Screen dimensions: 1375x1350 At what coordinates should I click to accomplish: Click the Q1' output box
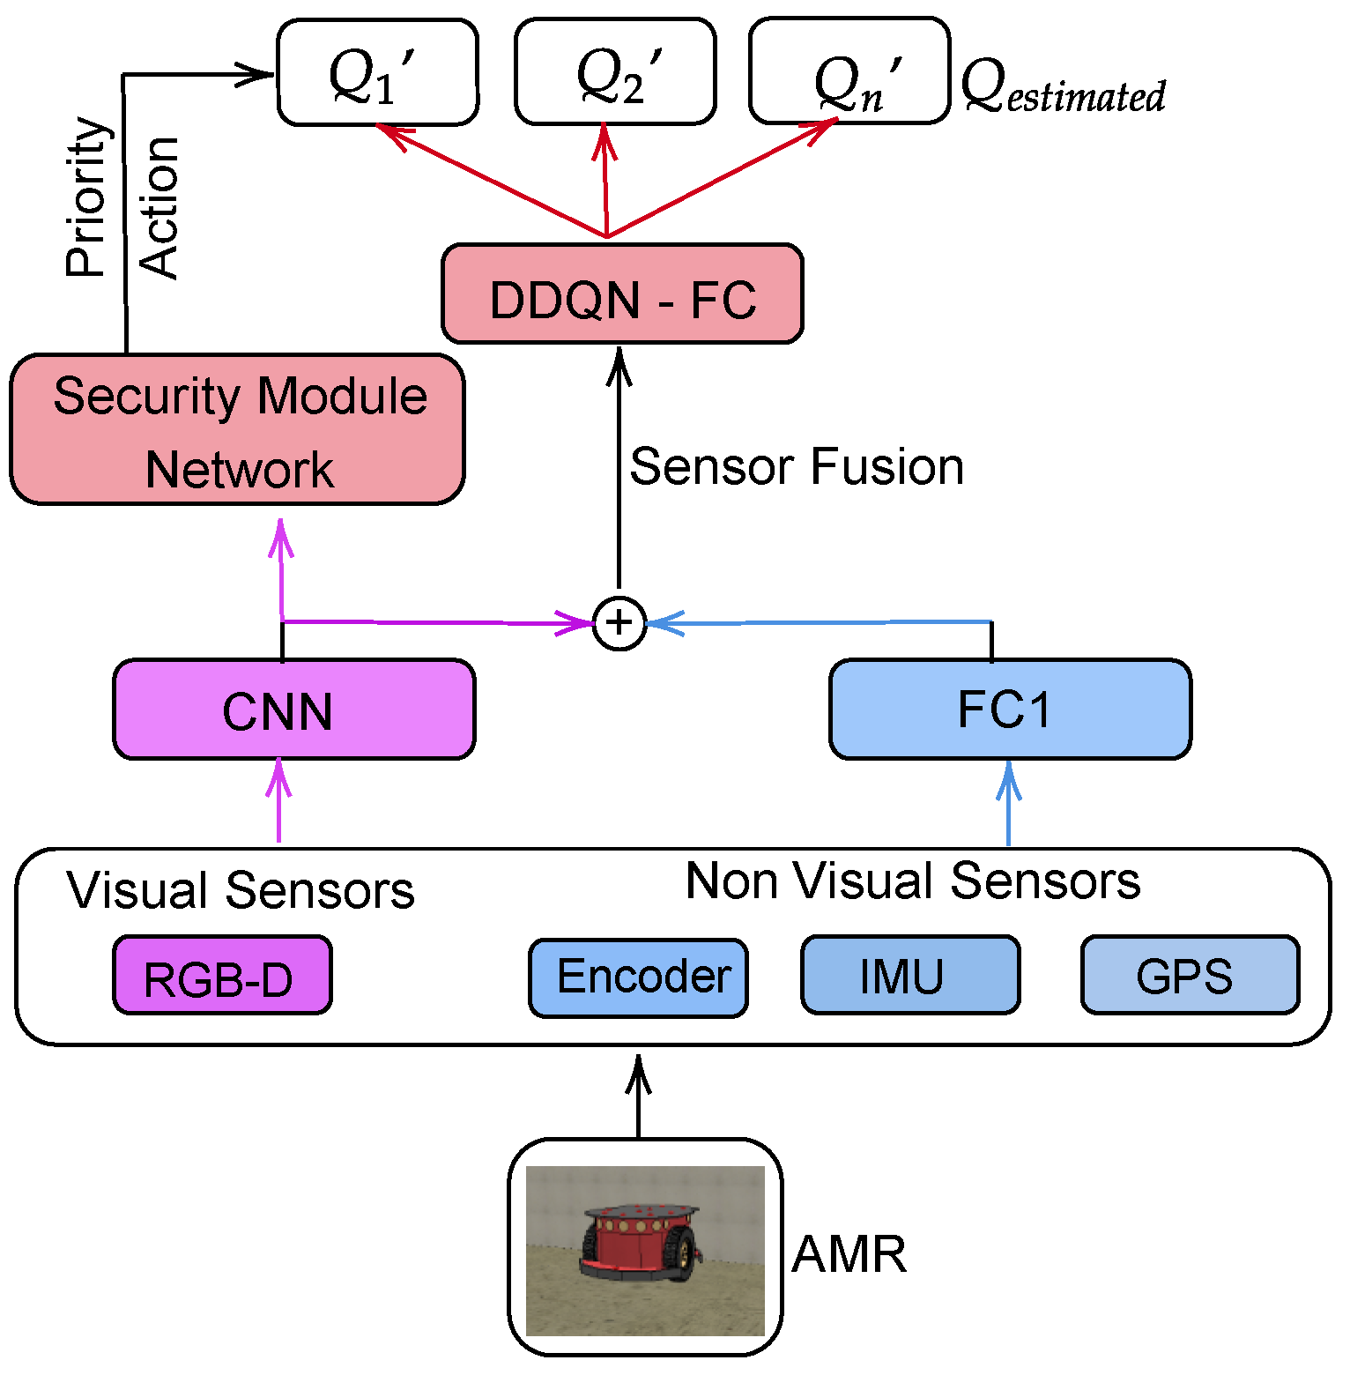(377, 72)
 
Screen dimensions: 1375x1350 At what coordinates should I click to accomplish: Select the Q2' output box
(615, 72)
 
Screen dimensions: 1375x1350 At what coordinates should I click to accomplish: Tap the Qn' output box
(849, 72)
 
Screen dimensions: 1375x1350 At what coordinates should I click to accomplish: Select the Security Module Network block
(238, 430)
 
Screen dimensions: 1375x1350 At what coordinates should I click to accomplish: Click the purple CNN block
(294, 710)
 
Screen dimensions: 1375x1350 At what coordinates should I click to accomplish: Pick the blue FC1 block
(1010, 709)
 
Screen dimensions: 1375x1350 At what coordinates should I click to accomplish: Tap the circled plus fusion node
(619, 623)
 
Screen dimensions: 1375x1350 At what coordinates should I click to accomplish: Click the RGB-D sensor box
(222, 976)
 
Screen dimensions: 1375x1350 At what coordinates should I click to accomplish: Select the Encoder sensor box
(639, 977)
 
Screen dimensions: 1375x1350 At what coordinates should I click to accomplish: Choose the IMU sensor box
(910, 976)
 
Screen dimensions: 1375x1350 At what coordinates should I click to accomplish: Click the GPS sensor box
(1190, 976)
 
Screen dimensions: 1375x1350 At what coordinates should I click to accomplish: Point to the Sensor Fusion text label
(797, 466)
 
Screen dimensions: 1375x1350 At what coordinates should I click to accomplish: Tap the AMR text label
(849, 1254)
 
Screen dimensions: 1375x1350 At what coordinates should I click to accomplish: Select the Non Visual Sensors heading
(913, 881)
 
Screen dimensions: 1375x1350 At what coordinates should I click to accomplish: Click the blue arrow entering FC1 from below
(1009, 802)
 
